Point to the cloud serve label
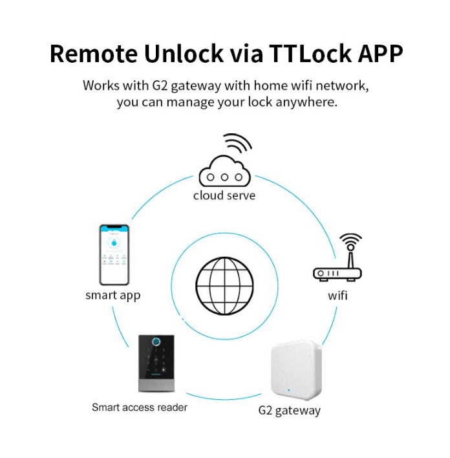click(224, 195)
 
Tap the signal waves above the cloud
click(237, 143)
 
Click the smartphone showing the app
click(113, 254)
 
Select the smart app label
click(113, 296)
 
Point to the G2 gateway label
click(289, 410)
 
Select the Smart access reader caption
click(140, 408)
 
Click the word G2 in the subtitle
click(160, 85)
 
